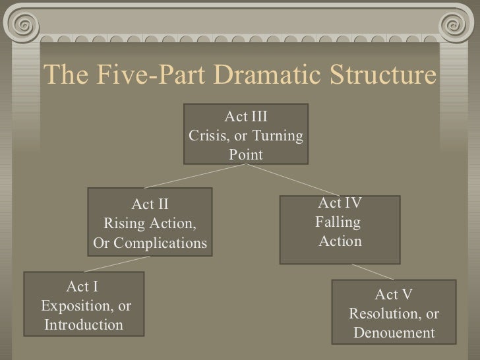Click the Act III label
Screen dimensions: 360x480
click(x=246, y=119)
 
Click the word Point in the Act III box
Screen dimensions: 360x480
click(x=245, y=155)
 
